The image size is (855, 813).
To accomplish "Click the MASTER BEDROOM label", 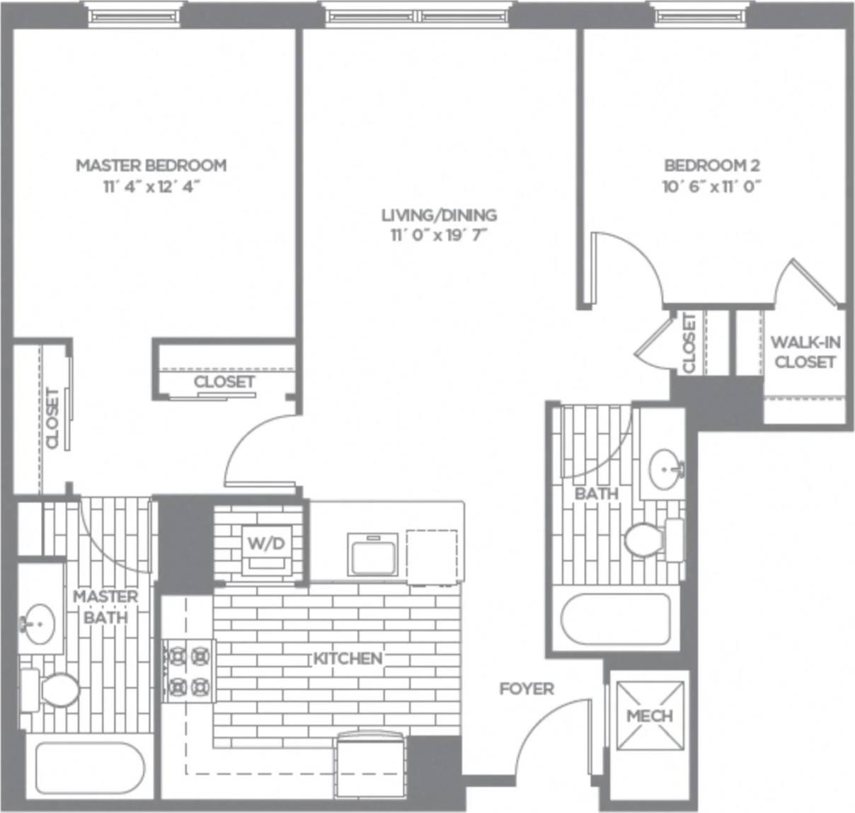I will [151, 165].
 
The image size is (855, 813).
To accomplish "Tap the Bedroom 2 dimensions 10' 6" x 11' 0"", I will [711, 187].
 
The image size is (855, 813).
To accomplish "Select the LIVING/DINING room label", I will [439, 214].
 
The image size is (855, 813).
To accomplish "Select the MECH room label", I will [649, 715].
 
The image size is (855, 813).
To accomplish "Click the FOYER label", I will [527, 688].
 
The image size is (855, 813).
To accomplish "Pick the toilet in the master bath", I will [53, 690].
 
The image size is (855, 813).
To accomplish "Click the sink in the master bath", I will [40, 623].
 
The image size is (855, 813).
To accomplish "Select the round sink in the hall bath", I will [667, 468].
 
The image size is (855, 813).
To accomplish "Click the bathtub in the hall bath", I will [615, 618].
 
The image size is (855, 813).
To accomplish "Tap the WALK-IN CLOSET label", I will [805, 352].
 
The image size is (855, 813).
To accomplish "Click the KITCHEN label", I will [348, 658].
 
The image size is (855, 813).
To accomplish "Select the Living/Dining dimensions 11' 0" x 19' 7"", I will [439, 236].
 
